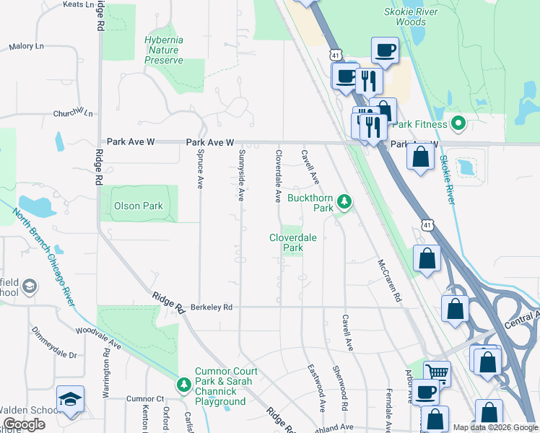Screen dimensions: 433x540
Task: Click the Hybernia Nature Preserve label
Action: point(164,50)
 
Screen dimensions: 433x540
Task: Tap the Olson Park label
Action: point(139,206)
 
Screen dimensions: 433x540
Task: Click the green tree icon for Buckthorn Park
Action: point(345,203)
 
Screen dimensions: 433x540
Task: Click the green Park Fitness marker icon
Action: point(458,123)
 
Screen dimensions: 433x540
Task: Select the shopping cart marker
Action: point(437,372)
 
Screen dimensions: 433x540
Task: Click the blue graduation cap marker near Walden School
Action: point(70,399)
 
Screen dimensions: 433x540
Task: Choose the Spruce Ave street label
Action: point(200,169)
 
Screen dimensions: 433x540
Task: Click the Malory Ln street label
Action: point(27,47)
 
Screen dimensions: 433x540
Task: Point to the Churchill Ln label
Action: point(73,113)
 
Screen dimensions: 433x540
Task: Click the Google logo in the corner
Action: point(25,424)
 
